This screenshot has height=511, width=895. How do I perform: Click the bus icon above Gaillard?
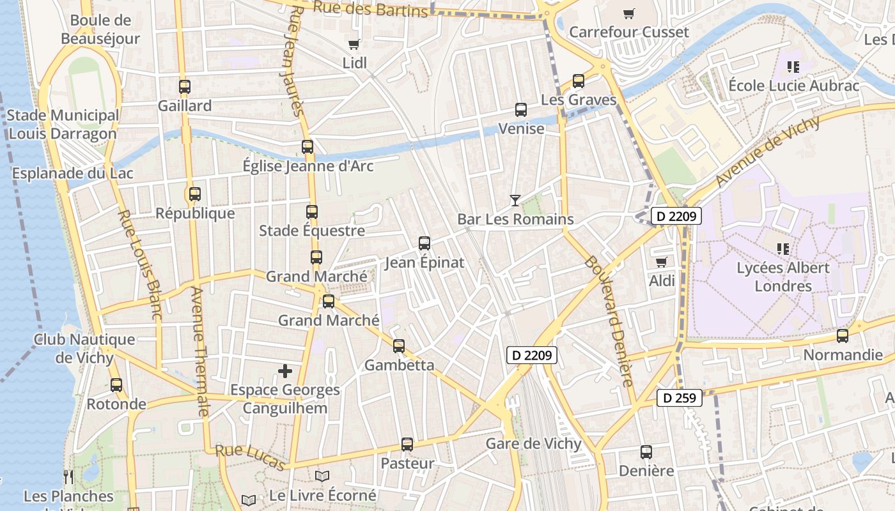[x=185, y=86]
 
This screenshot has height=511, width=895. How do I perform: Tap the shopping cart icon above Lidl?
[x=354, y=44]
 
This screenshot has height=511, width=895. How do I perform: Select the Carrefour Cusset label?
[x=629, y=32]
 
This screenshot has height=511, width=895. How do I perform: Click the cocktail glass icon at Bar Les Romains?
[x=515, y=200]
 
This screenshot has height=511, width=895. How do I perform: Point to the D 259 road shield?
[x=680, y=398]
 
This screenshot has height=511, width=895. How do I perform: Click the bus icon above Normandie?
[x=843, y=335]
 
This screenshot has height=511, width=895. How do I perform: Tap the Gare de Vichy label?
[x=534, y=444]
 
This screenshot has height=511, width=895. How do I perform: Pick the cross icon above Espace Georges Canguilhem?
[x=285, y=370]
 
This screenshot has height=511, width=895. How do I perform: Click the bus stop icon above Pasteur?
[x=407, y=444]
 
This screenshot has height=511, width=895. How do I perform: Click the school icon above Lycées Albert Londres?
[x=783, y=248]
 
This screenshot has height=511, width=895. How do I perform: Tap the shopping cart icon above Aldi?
[x=662, y=262]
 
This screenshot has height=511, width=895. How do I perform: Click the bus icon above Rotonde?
[x=116, y=385]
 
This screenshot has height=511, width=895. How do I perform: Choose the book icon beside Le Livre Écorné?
[x=322, y=477]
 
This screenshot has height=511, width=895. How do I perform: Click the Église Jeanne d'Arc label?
[x=308, y=167]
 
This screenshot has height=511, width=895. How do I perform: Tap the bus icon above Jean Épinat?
[x=424, y=243]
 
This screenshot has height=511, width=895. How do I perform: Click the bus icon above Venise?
[x=520, y=109]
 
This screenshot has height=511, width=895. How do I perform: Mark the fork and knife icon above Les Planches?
[x=68, y=477]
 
